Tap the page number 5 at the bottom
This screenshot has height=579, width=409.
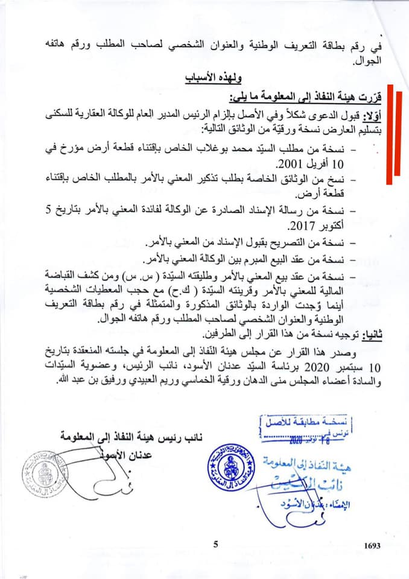coord(215,544)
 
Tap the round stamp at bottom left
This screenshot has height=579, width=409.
coord(43,474)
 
